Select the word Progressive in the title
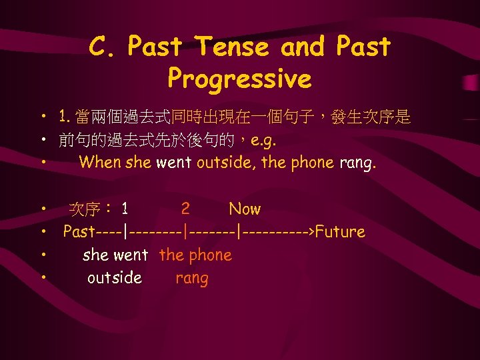click(239, 79)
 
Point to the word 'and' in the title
click(303, 47)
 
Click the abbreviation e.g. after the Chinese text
click(263, 141)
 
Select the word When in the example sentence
click(100, 163)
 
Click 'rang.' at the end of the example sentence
click(358, 163)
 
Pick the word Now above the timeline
click(245, 209)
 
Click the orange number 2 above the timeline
click(185, 209)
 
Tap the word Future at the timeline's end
click(340, 232)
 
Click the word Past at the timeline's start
click(79, 232)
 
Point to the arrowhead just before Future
click(311, 232)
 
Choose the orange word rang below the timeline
click(192, 278)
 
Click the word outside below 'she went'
click(115, 278)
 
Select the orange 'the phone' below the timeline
click(195, 255)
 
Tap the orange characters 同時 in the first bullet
click(187, 119)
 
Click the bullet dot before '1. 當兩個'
click(42, 119)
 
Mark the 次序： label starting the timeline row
click(91, 209)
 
